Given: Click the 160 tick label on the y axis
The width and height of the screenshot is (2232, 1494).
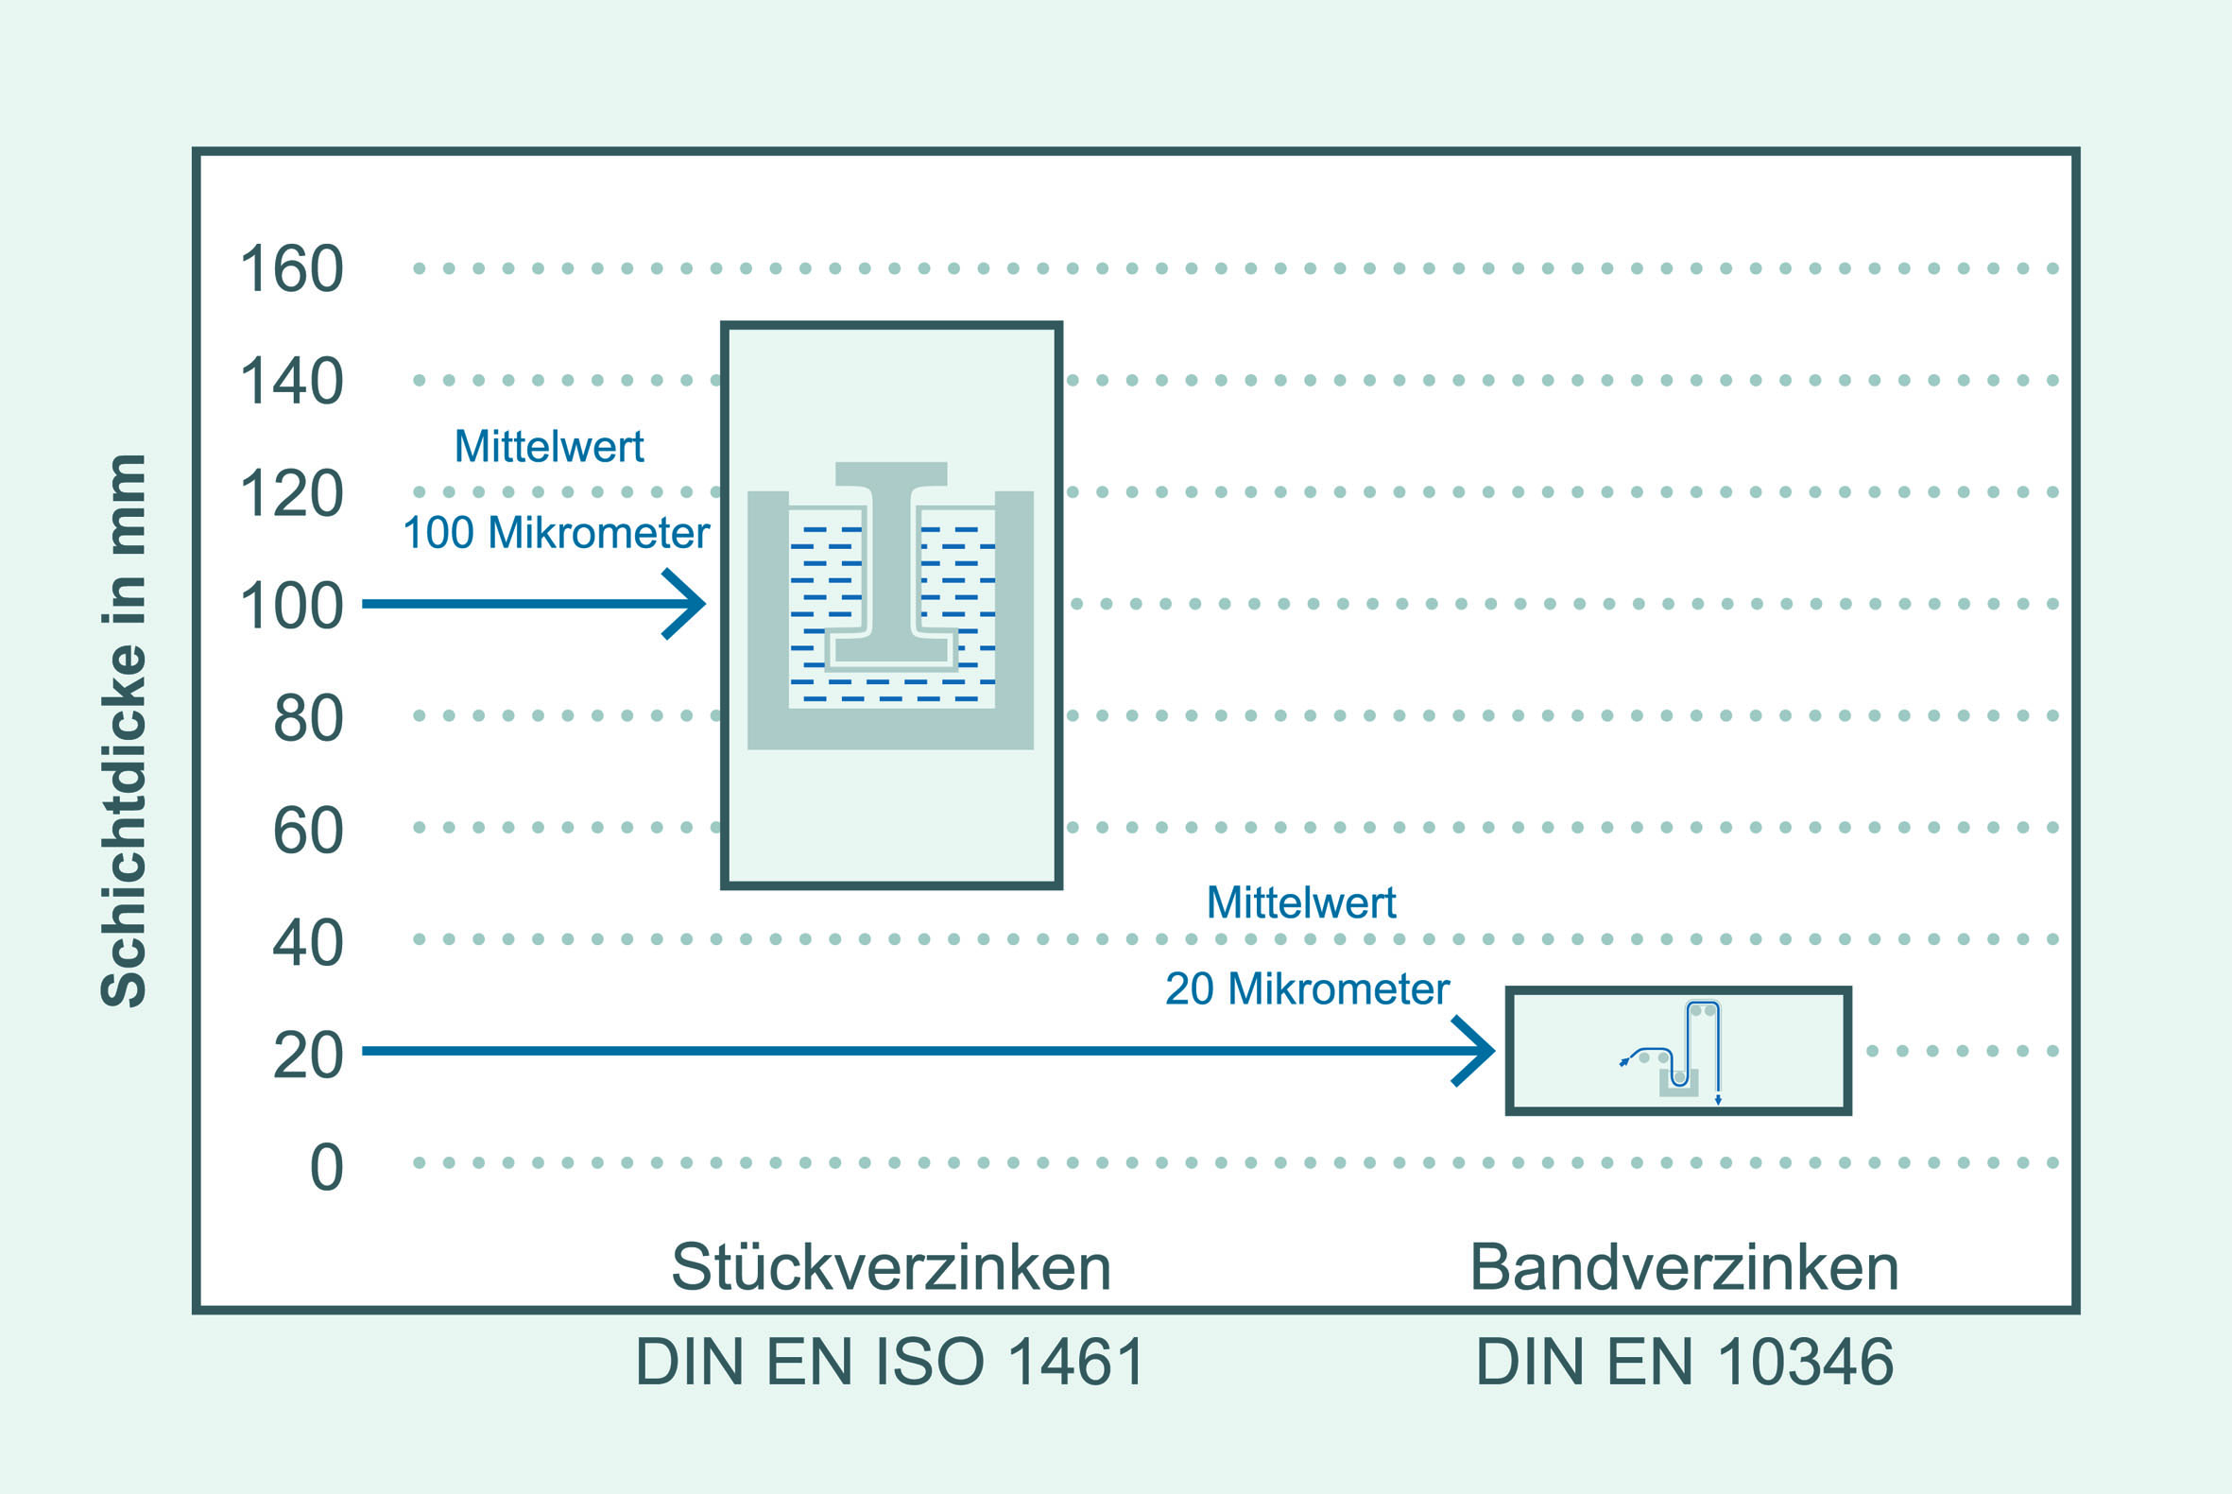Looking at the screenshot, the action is coord(291,268).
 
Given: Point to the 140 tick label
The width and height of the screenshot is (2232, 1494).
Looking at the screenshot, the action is coord(291,381).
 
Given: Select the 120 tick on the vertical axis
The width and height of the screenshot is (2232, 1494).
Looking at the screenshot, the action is coord(291,493).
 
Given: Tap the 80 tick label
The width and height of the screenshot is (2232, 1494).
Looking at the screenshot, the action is coord(309,718).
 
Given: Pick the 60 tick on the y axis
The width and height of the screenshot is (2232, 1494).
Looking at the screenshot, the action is coord(309,831).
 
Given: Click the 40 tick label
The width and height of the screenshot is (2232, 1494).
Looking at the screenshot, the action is coord(309,943).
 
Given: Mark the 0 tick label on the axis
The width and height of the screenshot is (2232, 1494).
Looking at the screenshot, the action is coord(327,1167).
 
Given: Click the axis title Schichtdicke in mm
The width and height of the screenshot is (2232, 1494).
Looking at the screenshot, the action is coord(124,730).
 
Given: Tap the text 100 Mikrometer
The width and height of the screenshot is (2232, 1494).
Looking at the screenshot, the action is coord(557,533).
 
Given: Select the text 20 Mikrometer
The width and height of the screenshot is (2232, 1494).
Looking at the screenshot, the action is coord(1307,989).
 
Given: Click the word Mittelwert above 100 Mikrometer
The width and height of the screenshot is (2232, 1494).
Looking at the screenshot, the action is coord(550,446).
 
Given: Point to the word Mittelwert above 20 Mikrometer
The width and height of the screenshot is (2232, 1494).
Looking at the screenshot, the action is coord(1301,902).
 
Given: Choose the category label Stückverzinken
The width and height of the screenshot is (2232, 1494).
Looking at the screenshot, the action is coord(892,1267).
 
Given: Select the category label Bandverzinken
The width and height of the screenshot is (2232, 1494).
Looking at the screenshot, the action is coord(1685,1267).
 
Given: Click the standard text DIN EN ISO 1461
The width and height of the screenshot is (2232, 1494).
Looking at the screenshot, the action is coord(890,1362).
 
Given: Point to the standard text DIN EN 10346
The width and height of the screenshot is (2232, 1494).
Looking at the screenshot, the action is coord(1685,1362).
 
